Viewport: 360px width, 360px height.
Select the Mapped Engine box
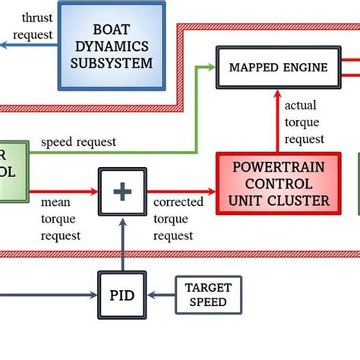coord(278,68)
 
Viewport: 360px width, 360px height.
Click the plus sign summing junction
coord(122,191)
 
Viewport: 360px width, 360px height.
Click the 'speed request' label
coord(78,142)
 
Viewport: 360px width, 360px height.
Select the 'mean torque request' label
coord(60,219)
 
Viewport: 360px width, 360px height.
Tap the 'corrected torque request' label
coord(178,219)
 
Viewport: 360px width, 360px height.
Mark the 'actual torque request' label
coord(305,122)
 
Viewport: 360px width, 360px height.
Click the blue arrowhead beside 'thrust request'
coord(4,46)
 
